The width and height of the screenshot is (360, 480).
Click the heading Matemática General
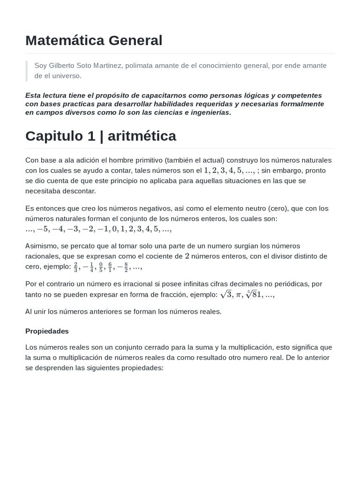point(94,41)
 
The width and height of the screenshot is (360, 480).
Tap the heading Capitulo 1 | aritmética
point(101,136)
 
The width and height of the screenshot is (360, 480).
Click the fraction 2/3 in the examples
point(75,267)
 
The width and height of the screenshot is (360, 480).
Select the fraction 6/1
point(110,267)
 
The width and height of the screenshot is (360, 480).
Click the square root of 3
point(226,294)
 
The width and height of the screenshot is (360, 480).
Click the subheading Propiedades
point(47,331)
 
